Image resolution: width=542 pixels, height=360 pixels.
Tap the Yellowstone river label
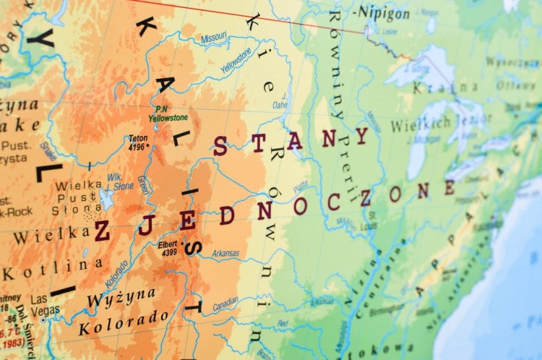pos(236,60)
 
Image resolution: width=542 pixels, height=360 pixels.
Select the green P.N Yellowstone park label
pos(168,113)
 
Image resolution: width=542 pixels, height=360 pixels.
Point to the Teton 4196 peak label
pos(137,142)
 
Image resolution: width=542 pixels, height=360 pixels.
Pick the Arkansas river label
pos(225,253)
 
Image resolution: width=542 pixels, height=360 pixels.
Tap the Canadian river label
pos(225,304)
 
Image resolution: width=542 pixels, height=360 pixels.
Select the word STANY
pos(289,142)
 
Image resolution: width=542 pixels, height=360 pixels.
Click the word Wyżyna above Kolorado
pos(121,296)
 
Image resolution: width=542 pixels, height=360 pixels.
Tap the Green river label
pos(143,185)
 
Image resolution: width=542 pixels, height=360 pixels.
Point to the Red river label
pos(282,323)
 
